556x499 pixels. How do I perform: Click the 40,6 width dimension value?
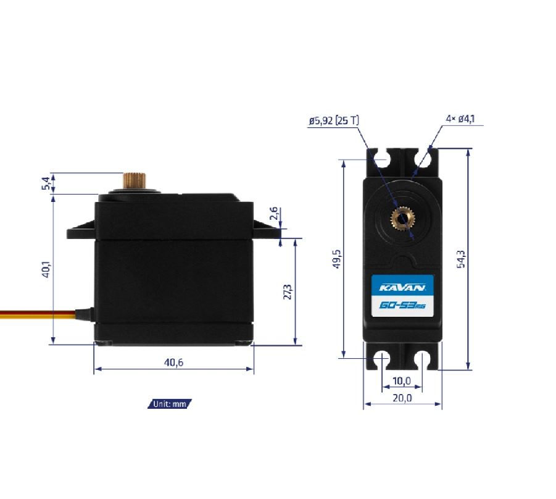click(173, 363)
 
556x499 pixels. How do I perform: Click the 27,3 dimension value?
click(287, 291)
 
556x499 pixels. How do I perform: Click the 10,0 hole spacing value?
click(402, 380)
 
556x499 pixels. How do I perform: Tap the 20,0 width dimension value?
click(402, 398)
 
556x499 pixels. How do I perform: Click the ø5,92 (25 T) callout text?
click(334, 121)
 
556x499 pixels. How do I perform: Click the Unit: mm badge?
click(170, 404)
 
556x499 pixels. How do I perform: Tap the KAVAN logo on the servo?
click(402, 287)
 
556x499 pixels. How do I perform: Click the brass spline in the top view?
click(402, 218)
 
